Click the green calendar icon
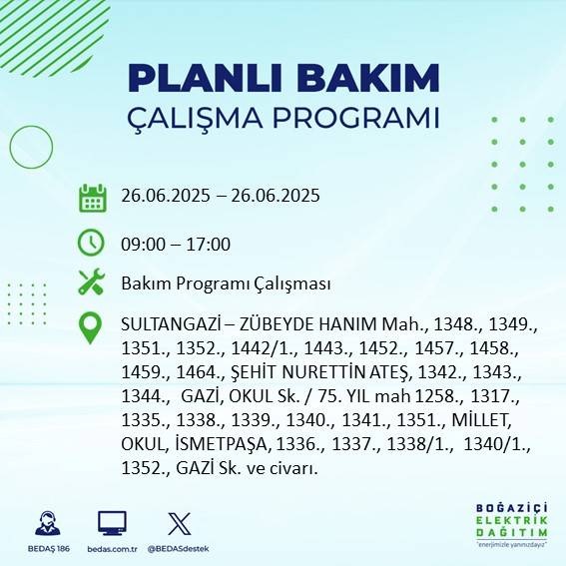coord(92,197)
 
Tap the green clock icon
coord(92,243)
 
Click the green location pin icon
coord(92,328)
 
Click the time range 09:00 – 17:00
coord(175,244)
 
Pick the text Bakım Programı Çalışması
coord(226,283)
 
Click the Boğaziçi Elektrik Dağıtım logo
coord(510,523)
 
